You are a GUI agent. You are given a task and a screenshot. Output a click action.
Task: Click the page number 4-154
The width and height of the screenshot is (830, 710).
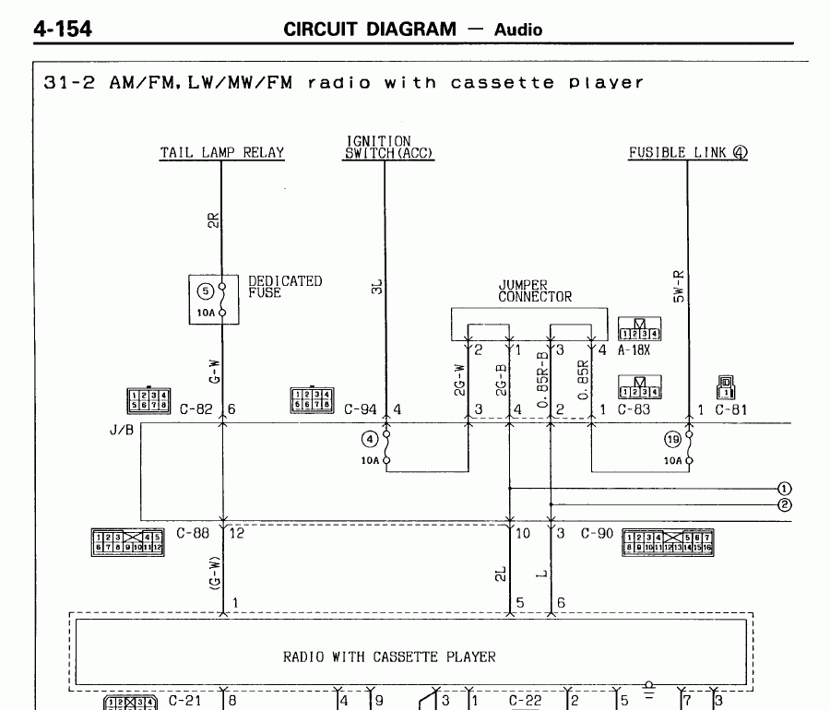[x=63, y=30]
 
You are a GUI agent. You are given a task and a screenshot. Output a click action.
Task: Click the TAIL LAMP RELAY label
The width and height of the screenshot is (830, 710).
[x=222, y=153]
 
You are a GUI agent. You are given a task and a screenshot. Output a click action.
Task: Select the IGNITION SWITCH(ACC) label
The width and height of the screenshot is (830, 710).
[x=388, y=148]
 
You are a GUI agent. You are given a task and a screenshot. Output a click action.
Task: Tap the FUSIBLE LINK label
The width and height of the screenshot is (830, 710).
[x=688, y=153]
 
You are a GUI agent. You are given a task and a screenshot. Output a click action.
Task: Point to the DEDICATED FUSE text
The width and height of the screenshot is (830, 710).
[x=285, y=287]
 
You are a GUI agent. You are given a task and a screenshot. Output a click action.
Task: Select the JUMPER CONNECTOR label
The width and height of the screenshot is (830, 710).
[x=535, y=291]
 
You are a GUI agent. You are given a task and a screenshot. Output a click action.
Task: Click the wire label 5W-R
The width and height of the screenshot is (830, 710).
[x=680, y=286]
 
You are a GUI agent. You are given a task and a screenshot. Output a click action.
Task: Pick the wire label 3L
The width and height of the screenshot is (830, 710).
[x=376, y=288]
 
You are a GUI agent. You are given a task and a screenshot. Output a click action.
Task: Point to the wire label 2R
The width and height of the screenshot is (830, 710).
[x=213, y=222]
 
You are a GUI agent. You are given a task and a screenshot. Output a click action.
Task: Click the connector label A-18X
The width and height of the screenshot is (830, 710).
[x=635, y=350]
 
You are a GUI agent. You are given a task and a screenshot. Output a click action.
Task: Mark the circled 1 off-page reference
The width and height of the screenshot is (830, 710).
[x=785, y=489]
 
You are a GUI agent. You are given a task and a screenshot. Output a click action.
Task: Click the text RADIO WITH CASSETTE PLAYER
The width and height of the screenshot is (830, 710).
[x=388, y=657]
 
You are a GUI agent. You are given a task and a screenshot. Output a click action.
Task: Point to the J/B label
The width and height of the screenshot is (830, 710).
[x=120, y=430]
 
